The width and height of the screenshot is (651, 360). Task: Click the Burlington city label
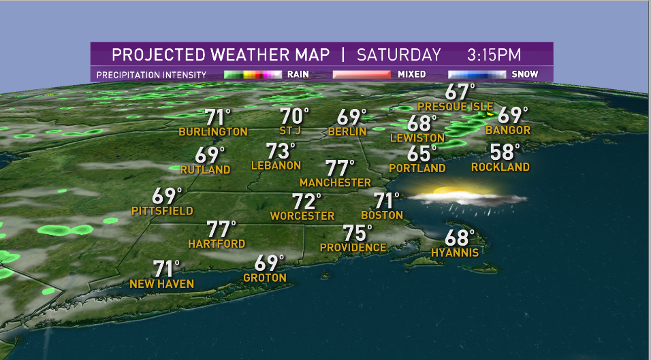point(213,131)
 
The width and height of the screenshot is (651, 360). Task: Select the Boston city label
point(382,215)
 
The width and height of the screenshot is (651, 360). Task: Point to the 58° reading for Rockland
point(505,152)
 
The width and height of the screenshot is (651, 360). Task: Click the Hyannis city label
point(455,252)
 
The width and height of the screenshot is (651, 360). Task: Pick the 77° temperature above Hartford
point(221,229)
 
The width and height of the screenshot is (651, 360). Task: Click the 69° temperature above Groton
point(268,263)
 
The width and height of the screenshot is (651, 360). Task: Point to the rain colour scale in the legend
point(253,74)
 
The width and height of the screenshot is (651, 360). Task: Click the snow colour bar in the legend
point(477,74)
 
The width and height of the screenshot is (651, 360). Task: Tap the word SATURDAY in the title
point(399,54)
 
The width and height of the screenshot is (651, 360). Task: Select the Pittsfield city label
point(162,212)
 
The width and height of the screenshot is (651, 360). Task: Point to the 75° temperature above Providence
point(358,233)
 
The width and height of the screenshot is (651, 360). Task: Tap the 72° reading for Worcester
point(306,201)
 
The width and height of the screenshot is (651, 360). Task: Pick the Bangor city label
point(513,130)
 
